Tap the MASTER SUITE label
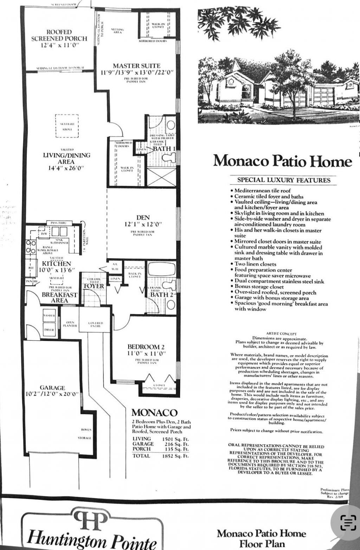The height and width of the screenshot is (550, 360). tap(136, 66)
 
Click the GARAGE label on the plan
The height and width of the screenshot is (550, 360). tap(52, 388)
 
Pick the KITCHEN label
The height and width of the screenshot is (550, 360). tap(57, 264)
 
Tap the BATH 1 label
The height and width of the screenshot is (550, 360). tap(164, 149)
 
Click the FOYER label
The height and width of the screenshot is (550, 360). tap(94, 286)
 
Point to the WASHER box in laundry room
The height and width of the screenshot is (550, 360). tap(49, 316)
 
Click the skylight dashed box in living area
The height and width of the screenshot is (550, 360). tap(67, 126)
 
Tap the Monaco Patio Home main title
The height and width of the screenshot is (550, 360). tap(283, 161)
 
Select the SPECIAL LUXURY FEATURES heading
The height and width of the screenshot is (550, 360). tap(284, 180)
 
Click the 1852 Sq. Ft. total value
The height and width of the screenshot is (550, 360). tap(175, 456)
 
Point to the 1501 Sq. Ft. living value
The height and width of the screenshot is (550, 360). tap(175, 439)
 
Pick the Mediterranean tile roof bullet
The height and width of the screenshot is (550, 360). tap(259, 191)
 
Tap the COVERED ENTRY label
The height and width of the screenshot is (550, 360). tap(95, 324)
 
